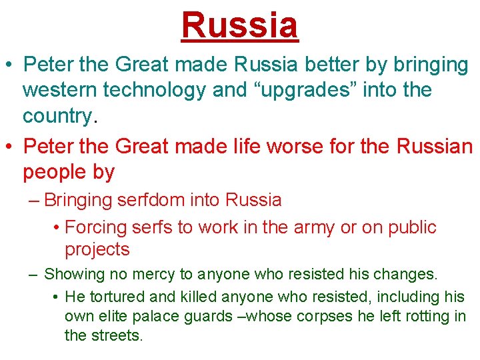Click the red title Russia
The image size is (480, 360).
(x=239, y=25)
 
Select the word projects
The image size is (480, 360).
(x=97, y=250)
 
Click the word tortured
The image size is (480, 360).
(x=112, y=297)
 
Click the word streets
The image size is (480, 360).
(x=120, y=335)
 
